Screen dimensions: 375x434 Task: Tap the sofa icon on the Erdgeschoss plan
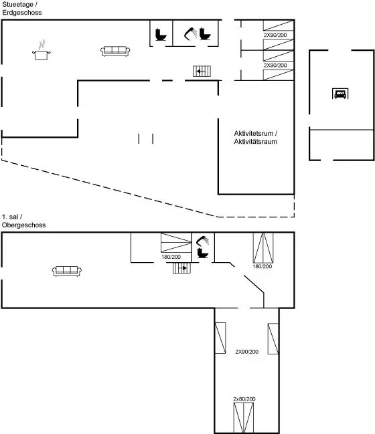115,51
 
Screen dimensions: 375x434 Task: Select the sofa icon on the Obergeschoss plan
67,271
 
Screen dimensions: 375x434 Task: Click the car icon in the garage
340,94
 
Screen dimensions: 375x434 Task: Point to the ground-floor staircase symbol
202,71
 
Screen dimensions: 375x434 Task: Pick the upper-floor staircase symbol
182,268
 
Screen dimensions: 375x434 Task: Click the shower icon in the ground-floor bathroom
191,33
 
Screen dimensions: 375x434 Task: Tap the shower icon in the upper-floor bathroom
203,241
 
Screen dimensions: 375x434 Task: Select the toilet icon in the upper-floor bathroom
203,253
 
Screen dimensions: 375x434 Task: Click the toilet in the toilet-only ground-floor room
161,35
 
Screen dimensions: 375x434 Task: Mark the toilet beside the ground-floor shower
205,33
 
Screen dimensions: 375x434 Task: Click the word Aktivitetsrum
254,134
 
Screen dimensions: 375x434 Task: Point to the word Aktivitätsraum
256,142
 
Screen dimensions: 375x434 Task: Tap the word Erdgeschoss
22,13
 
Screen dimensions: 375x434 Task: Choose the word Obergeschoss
24,225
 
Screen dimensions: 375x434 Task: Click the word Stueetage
18,5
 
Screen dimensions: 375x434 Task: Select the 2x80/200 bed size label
244,399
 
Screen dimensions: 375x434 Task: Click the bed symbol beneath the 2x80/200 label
243,418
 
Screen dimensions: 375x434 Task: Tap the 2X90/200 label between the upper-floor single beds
246,352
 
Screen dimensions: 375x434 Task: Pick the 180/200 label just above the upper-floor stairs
171,257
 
